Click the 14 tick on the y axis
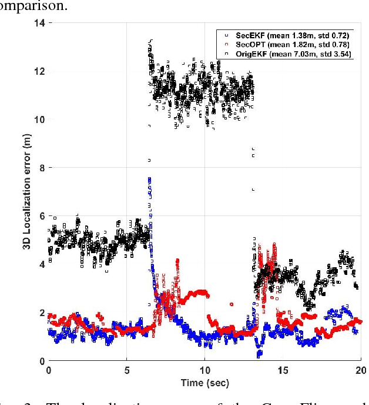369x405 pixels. pyautogui.click(x=39, y=23)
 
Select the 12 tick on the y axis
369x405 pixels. pyautogui.click(x=39, y=71)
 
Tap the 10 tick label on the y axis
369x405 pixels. pyautogui.click(x=39, y=119)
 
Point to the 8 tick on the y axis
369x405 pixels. pyautogui.click(x=42, y=168)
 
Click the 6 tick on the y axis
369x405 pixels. pyautogui.click(x=42, y=216)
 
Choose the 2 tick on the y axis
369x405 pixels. pyautogui.click(x=42, y=313)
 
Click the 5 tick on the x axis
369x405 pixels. pyautogui.click(x=126, y=370)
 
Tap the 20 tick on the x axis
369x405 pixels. pyautogui.click(x=361, y=370)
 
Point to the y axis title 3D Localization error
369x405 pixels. pyautogui.click(x=26, y=192)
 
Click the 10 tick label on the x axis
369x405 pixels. pyautogui.click(x=204, y=370)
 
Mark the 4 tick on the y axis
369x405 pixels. pyautogui.click(x=42, y=264)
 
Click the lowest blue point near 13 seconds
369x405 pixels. pyautogui.click(x=259, y=355)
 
